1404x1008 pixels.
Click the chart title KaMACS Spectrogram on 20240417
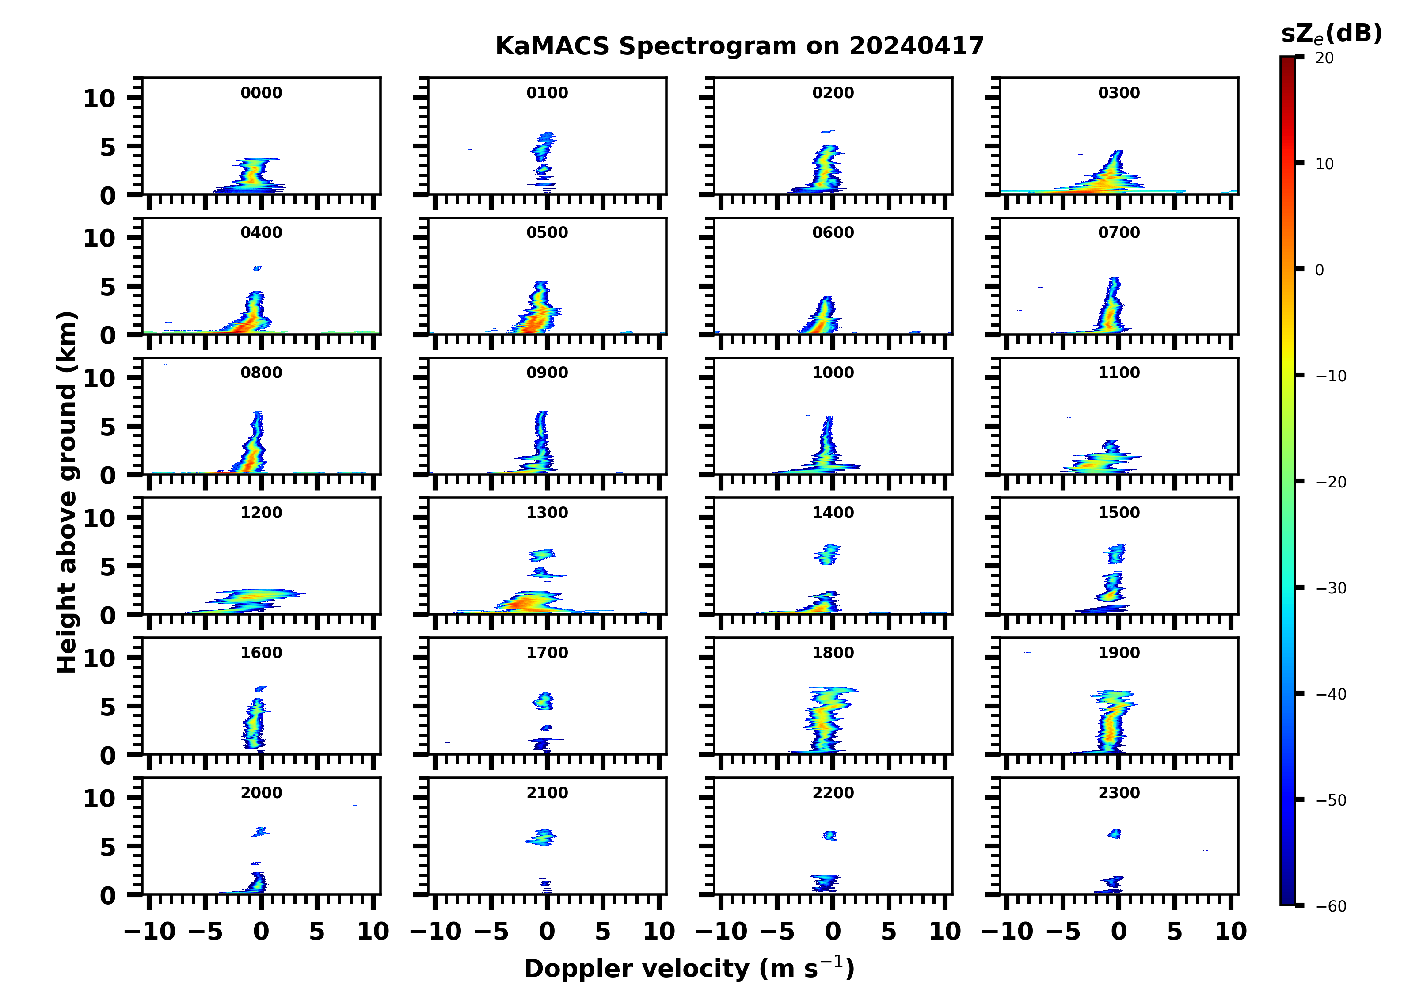[739, 46]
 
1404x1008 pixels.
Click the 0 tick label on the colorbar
[1319, 270]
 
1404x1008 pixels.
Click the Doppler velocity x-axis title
[689, 968]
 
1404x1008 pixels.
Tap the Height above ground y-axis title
[67, 492]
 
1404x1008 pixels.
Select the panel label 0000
[261, 93]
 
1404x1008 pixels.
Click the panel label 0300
[1119, 93]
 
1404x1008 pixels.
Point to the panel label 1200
[261, 513]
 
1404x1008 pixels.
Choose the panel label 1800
[833, 653]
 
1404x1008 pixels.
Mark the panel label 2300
[1119, 792]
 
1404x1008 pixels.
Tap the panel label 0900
[547, 373]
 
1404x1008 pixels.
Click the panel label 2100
[547, 792]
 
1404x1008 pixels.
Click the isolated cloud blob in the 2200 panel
[829, 835]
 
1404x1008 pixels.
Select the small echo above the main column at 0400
[257, 268]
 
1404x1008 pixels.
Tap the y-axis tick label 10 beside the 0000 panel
[99, 99]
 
